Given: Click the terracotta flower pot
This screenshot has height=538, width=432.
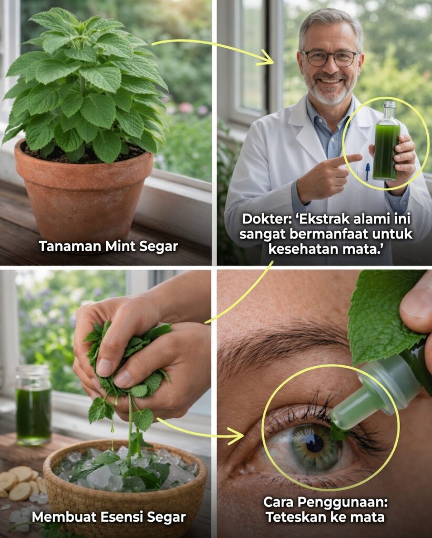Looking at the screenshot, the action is click(x=84, y=192).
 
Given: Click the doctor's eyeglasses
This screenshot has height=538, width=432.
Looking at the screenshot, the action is click(x=330, y=58).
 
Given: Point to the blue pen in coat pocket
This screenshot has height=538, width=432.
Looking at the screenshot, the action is click(x=367, y=172).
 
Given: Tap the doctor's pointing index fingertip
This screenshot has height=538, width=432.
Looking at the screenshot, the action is click(x=358, y=158).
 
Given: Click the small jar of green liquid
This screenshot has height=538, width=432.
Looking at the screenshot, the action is click(x=33, y=405).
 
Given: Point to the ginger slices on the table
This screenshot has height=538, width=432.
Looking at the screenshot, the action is click(x=21, y=482).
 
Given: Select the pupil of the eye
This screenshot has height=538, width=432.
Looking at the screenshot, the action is click(x=315, y=443).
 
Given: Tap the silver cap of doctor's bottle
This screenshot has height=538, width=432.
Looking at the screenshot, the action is click(x=389, y=105).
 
